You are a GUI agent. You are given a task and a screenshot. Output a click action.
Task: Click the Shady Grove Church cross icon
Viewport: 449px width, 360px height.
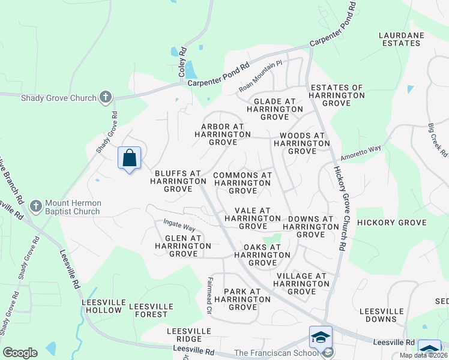click(106, 97)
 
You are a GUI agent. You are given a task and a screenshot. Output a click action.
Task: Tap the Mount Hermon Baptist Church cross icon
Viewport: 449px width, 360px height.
click(35, 206)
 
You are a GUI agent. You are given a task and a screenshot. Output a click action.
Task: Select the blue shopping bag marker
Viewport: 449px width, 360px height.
click(130, 158)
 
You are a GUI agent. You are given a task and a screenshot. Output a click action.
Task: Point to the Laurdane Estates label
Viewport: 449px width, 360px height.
click(399, 39)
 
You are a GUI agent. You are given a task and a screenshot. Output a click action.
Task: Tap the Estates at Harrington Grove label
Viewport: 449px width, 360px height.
click(336, 95)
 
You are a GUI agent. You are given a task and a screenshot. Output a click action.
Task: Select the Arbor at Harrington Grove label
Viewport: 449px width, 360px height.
click(222, 134)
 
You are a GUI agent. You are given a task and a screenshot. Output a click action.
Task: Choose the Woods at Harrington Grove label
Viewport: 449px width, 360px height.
click(299, 143)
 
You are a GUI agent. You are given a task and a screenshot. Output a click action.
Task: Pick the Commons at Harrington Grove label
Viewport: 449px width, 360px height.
click(243, 183)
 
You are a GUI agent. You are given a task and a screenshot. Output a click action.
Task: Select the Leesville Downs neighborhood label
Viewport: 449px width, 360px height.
click(381, 316)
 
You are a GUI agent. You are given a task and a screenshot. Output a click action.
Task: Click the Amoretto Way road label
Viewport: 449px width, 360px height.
click(361, 152)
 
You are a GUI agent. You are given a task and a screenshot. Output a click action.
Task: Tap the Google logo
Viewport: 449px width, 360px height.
click(20, 353)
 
